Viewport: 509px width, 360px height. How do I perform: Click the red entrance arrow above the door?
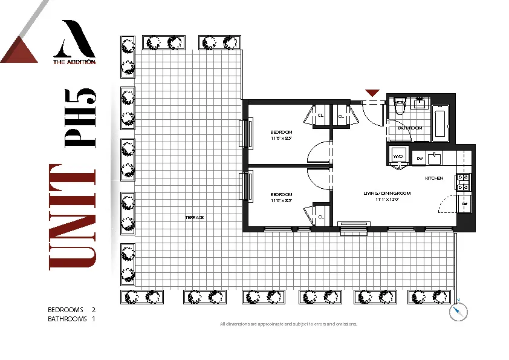pyautogui.click(x=372, y=93)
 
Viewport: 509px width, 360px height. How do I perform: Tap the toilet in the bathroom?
pyautogui.click(x=400, y=106)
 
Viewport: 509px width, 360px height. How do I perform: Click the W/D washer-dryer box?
pyautogui.click(x=398, y=155)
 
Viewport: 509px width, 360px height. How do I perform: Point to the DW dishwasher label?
pyautogui.click(x=419, y=159)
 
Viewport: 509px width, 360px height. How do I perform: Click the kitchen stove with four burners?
pyautogui.click(x=464, y=180)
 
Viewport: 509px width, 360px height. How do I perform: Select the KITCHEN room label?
pyautogui.click(x=434, y=178)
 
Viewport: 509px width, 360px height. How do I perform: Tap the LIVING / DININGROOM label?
pyautogui.click(x=387, y=194)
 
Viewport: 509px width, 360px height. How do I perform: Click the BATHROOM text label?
pyautogui.click(x=410, y=128)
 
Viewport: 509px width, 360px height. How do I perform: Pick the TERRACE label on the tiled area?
pyautogui.click(x=195, y=217)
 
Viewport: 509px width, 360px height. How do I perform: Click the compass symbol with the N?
pyautogui.click(x=459, y=311)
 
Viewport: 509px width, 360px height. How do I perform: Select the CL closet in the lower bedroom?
pyautogui.click(x=321, y=216)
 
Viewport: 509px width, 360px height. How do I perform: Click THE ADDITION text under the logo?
pyautogui.click(x=74, y=61)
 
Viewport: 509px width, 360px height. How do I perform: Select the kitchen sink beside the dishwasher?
pyautogui.click(x=435, y=159)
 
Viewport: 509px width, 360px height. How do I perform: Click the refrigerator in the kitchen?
pyautogui.click(x=464, y=204)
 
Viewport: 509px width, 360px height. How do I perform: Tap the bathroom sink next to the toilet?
pyautogui.click(x=420, y=103)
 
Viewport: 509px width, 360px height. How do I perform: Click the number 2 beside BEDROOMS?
pyautogui.click(x=94, y=310)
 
